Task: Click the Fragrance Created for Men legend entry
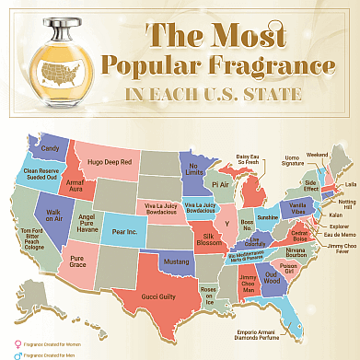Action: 37,353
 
